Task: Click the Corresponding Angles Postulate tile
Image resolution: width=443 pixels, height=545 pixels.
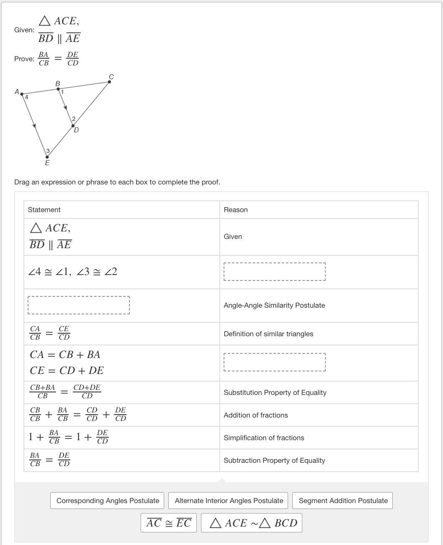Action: tap(108, 501)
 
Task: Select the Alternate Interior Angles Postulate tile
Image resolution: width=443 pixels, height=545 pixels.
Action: tap(229, 501)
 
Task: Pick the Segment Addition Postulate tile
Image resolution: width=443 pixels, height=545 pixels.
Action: tap(343, 501)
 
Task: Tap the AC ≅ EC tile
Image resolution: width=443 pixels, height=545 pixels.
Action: tap(169, 523)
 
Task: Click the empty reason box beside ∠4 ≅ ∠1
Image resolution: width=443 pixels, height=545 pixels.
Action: tap(275, 272)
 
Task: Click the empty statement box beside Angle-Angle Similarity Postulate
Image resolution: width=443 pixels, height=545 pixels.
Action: tap(79, 305)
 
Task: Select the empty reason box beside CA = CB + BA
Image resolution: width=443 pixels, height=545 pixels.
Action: tap(275, 362)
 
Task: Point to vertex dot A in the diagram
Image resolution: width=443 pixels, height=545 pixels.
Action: tap(22, 94)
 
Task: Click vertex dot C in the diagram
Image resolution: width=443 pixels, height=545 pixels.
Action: tap(110, 82)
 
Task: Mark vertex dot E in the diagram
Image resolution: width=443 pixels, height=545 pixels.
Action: tap(47, 157)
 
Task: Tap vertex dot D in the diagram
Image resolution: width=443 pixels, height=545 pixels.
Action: tap(73, 126)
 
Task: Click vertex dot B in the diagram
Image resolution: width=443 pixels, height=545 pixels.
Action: tap(58, 89)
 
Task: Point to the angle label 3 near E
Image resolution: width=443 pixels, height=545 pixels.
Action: tap(48, 151)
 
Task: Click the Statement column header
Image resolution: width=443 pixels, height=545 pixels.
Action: tap(44, 210)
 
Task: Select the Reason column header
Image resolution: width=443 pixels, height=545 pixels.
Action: tap(236, 210)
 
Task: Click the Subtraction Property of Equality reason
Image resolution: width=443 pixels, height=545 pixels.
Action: tap(274, 460)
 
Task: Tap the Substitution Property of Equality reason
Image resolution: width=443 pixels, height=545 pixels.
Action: tap(275, 392)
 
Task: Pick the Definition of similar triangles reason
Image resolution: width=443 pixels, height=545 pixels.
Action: tap(268, 334)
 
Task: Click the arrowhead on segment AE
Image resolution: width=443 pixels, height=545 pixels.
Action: tap(34, 125)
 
